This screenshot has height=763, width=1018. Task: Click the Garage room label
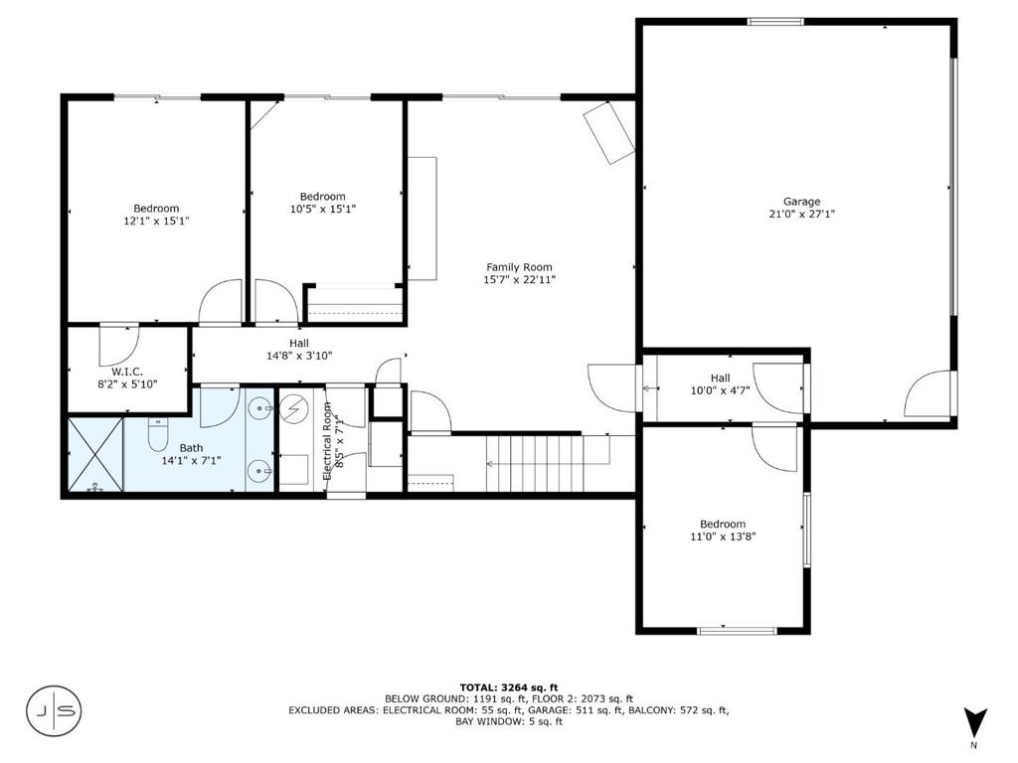click(x=801, y=202)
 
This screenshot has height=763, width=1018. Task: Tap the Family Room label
click(x=519, y=267)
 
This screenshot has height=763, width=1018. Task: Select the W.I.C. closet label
click(x=127, y=372)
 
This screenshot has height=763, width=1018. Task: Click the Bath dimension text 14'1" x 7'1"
click(x=192, y=461)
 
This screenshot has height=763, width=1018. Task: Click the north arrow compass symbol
click(x=974, y=722)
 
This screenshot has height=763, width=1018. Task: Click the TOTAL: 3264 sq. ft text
click(x=509, y=687)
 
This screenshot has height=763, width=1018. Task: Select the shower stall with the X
click(x=95, y=454)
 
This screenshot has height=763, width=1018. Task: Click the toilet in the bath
click(x=158, y=435)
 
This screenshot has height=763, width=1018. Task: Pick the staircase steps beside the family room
click(x=534, y=463)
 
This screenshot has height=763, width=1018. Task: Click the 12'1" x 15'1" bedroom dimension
click(x=156, y=221)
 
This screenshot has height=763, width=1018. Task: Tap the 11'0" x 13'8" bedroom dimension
click(x=723, y=536)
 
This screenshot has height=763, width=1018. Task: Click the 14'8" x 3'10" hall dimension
click(x=299, y=356)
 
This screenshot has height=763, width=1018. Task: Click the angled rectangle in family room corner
click(x=608, y=132)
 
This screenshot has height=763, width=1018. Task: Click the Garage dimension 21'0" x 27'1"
click(x=802, y=215)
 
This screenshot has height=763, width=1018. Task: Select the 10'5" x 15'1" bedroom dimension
click(x=323, y=209)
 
